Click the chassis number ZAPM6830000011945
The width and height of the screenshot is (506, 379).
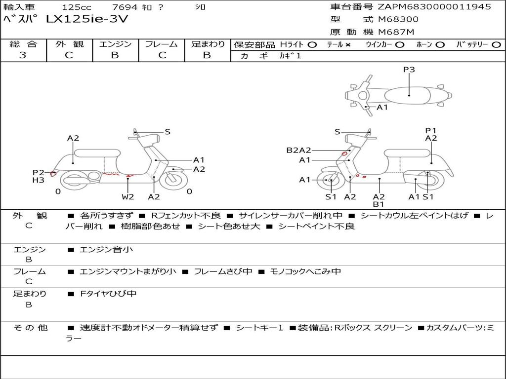434,7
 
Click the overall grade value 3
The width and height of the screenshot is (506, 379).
23,55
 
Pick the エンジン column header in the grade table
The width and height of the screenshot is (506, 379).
115,44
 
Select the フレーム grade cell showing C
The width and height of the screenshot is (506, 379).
162,55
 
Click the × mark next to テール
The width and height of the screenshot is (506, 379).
348,45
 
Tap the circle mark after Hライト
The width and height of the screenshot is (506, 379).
312,45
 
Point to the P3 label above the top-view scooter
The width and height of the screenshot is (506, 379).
409,70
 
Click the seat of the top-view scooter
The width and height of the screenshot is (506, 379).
409,94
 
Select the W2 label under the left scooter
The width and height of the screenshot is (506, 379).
128,197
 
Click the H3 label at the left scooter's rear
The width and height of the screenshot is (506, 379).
39,180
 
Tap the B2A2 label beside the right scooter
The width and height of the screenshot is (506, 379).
298,151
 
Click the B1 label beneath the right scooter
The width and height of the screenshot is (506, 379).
379,204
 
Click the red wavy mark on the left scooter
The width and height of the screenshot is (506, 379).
112,174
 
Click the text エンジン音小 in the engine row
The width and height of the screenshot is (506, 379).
106,250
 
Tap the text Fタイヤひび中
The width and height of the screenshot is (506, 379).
108,294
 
